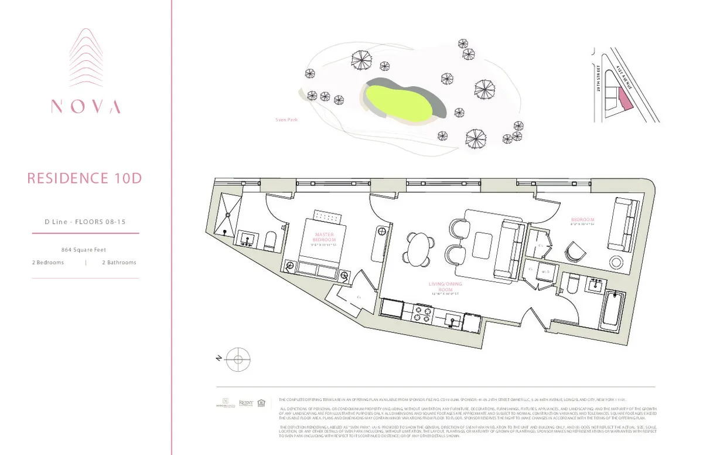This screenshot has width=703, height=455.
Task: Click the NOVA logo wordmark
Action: [86, 106]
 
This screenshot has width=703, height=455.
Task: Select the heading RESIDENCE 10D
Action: [85, 178]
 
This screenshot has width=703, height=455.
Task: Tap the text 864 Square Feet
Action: [86, 249]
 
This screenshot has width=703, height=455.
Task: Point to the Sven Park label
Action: [286, 120]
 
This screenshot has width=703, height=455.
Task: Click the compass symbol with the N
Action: [238, 358]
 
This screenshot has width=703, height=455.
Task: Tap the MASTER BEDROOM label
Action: [324, 237]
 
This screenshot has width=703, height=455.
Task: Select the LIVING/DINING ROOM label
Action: [441, 287]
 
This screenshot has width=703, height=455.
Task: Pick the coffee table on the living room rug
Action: [484, 242]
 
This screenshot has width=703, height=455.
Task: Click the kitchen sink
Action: [452, 320]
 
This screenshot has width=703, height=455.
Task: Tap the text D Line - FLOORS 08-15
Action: [86, 222]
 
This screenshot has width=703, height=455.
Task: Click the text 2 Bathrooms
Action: [119, 263]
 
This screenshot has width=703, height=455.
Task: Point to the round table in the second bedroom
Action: [617, 262]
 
